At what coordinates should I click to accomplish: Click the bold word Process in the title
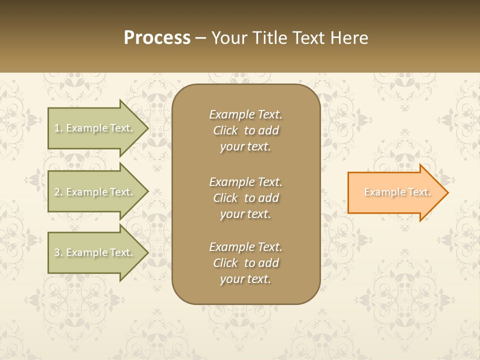click(x=157, y=38)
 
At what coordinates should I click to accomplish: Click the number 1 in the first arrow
click(x=57, y=128)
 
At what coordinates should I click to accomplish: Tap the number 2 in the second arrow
click(x=57, y=192)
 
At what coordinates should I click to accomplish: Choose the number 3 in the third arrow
click(x=57, y=252)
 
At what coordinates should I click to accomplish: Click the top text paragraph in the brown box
click(x=245, y=130)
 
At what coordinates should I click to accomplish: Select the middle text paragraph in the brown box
click(x=245, y=197)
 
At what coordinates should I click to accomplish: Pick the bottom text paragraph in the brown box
click(x=245, y=263)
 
